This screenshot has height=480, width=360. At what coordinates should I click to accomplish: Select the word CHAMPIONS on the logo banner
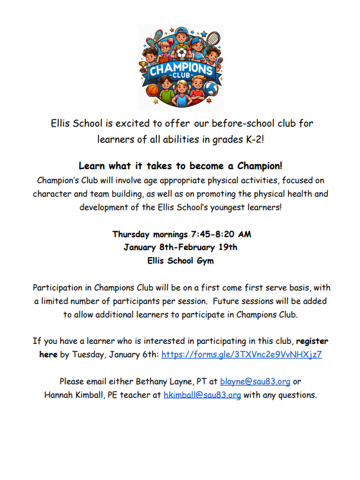click(x=180, y=69)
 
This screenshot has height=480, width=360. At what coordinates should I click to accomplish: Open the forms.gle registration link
click(x=241, y=354)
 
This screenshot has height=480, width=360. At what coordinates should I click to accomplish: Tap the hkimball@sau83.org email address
click(x=202, y=395)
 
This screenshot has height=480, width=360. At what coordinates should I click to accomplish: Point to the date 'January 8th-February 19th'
click(x=180, y=247)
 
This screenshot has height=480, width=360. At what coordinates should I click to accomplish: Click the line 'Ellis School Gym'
click(x=180, y=261)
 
